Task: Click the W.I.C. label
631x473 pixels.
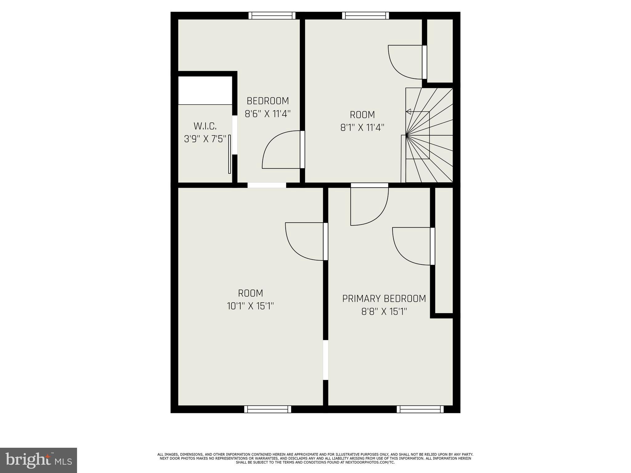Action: coord(205,126)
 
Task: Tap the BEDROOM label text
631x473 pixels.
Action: coord(268,101)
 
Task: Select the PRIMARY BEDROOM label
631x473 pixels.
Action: coord(384,298)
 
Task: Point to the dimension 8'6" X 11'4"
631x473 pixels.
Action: coord(268,114)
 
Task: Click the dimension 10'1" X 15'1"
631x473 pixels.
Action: coord(250,306)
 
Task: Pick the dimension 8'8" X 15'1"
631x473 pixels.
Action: coord(384,312)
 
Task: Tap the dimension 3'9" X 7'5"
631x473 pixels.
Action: coord(205,139)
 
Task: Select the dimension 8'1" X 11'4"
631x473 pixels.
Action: coord(362,127)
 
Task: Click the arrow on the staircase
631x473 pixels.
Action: coord(409,111)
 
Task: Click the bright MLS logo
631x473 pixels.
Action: coord(38,460)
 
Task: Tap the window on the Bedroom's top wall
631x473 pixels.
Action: coord(272,15)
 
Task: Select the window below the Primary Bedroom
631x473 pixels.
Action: coord(420,409)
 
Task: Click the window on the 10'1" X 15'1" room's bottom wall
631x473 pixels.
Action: coord(267,409)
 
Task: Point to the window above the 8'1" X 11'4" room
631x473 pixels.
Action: coord(365,15)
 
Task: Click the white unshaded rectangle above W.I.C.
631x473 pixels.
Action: coord(205,90)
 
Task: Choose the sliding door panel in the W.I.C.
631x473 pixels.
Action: coord(230,154)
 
